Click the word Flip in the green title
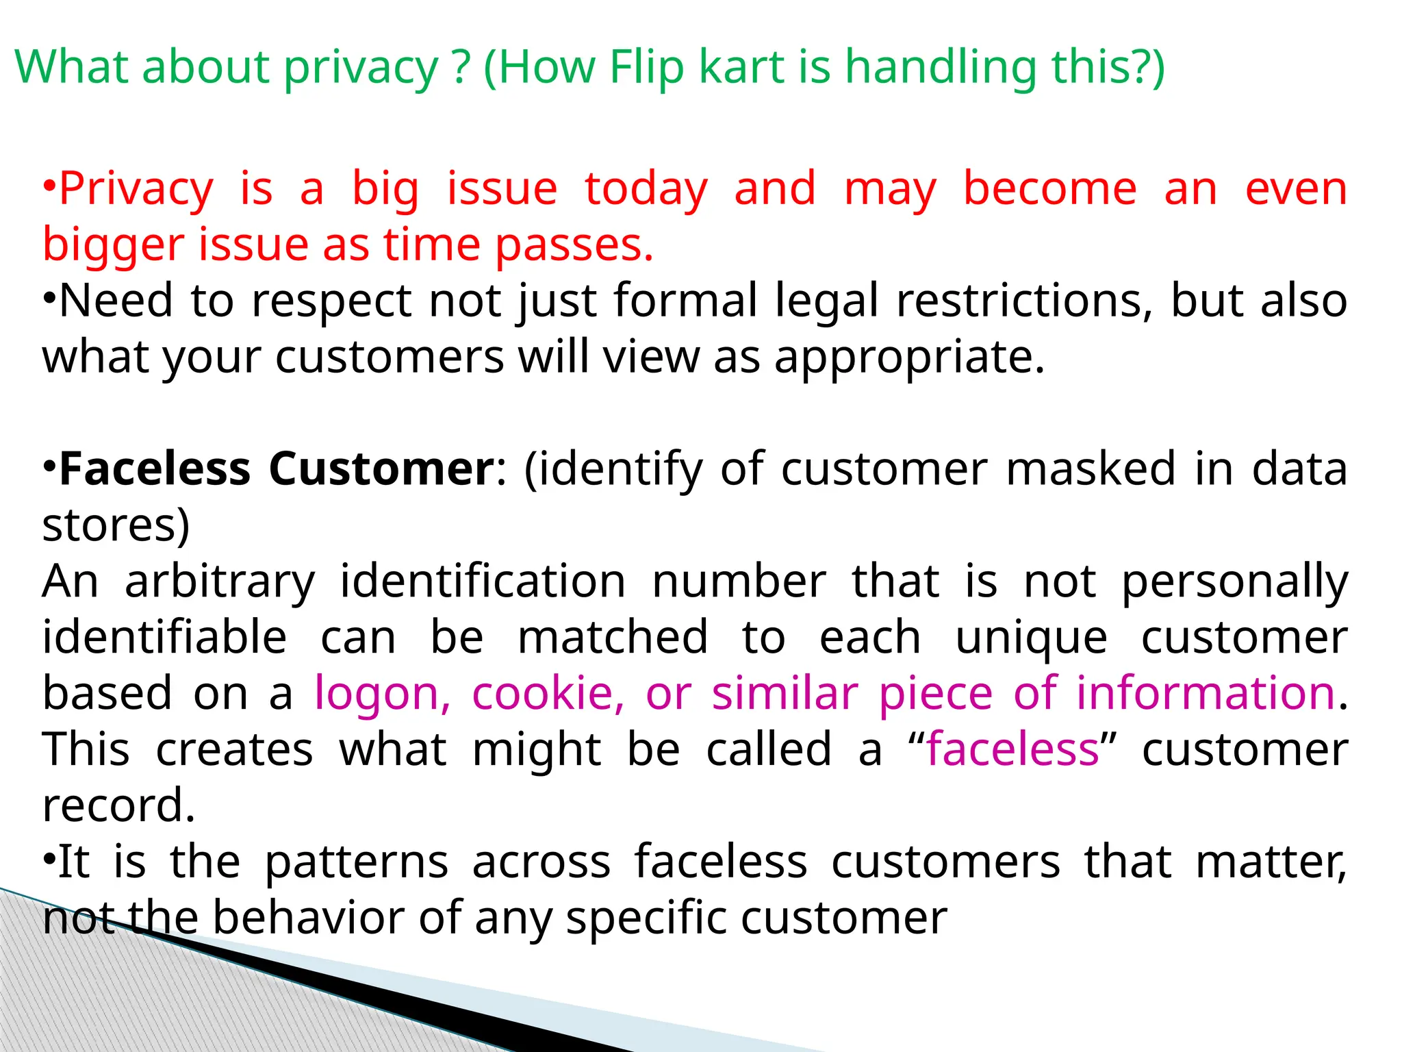[646, 67]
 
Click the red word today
[646, 189]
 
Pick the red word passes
[574, 245]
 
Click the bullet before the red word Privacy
[49, 186]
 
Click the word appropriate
[909, 358]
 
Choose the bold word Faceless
[155, 469]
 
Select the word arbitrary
[220, 581]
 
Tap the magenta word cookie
[548, 693]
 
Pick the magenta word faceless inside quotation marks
[1012, 749]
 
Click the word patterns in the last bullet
[356, 862]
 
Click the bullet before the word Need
[49, 299]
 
